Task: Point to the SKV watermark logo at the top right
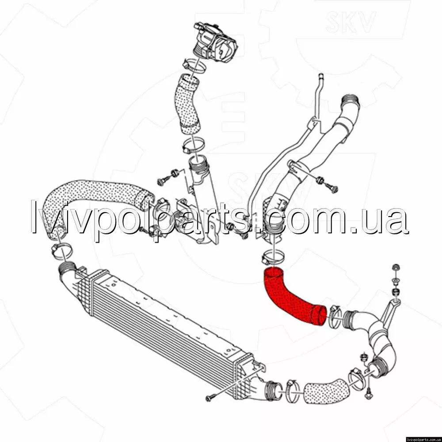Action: (351, 22)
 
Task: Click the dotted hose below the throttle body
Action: (187, 104)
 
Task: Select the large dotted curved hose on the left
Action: (93, 203)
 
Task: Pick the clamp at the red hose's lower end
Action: (334, 317)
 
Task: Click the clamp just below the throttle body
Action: (194, 65)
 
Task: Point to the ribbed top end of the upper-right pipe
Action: (350, 103)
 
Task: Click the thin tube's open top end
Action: (320, 76)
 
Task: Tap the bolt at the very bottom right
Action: (369, 393)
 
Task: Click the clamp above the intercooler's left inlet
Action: (62, 251)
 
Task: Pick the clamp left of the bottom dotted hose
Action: (293, 391)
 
